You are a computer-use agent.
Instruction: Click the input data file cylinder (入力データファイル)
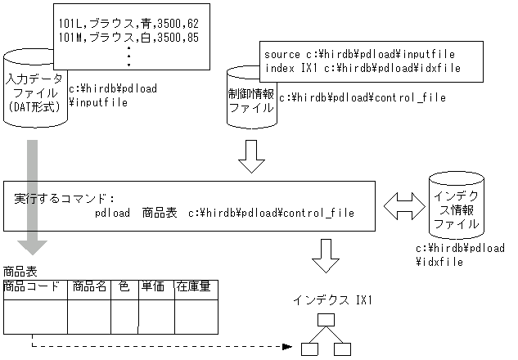click(x=33, y=94)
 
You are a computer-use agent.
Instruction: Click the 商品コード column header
click(x=32, y=286)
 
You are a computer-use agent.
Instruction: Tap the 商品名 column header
click(x=88, y=286)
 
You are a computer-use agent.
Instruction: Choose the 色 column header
click(x=124, y=286)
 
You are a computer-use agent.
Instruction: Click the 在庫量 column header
click(x=196, y=286)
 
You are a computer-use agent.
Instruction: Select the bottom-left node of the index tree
click(x=309, y=349)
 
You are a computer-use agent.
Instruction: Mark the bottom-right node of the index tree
click(x=342, y=349)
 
